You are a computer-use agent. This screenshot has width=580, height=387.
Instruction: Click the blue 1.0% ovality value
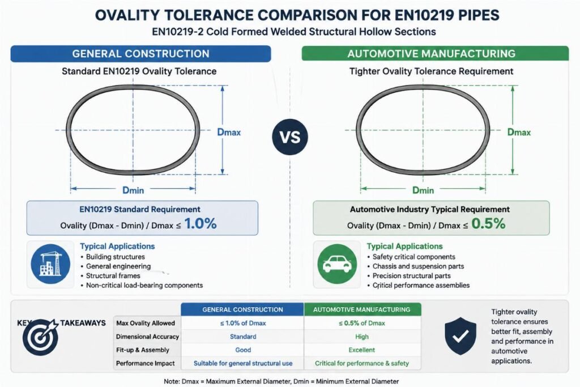click(200, 223)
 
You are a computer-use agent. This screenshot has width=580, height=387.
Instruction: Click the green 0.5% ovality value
click(488, 223)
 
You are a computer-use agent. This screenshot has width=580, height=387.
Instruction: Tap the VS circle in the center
click(290, 137)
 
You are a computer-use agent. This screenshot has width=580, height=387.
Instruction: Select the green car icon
click(337, 264)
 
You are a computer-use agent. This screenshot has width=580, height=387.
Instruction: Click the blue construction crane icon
click(50, 264)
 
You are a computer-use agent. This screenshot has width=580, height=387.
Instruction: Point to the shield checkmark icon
click(460, 335)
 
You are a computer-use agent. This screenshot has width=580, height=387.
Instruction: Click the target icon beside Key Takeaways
click(41, 337)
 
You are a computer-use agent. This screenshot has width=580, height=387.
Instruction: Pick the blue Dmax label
click(229, 132)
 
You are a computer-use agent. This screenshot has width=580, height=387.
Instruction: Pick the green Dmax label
click(519, 132)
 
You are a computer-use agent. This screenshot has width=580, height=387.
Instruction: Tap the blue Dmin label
click(133, 190)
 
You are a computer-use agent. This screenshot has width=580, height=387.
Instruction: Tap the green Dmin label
click(423, 190)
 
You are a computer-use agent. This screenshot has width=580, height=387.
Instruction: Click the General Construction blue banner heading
click(140, 54)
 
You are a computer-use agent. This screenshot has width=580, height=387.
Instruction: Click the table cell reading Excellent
click(362, 350)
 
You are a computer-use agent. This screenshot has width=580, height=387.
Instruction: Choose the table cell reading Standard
click(243, 337)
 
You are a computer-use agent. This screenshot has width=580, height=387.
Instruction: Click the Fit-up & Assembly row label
click(142, 350)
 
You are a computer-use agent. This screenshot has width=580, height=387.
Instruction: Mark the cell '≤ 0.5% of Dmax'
click(362, 323)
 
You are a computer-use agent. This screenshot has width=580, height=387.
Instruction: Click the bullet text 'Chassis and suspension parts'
click(418, 266)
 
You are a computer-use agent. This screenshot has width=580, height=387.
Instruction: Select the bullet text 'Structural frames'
click(113, 275)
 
